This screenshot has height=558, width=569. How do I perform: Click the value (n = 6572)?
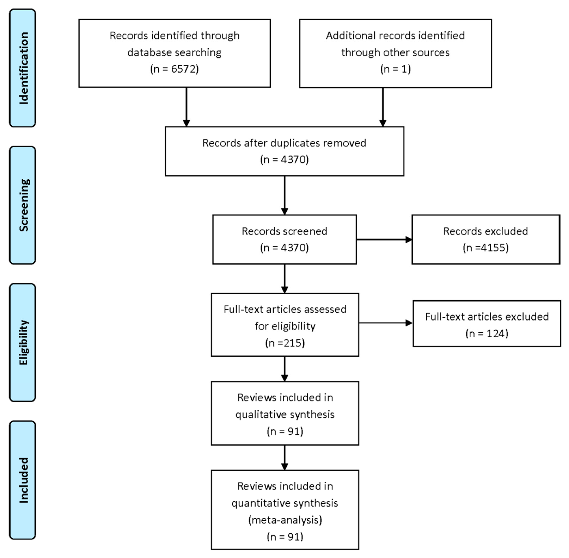click(175, 69)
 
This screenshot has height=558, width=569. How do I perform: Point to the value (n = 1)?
click(395, 69)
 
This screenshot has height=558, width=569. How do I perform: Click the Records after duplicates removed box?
click(284, 151)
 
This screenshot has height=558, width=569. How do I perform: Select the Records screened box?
click(284, 239)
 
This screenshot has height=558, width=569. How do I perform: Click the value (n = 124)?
click(487, 334)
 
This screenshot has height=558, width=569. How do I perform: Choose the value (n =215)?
click(285, 343)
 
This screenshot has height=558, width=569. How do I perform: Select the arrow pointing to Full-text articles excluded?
click(386, 323)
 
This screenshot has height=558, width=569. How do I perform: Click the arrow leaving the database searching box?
click(186, 107)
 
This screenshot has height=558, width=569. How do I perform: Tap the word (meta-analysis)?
click(285, 520)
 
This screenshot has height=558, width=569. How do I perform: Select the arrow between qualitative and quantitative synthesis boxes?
click(284, 457)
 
